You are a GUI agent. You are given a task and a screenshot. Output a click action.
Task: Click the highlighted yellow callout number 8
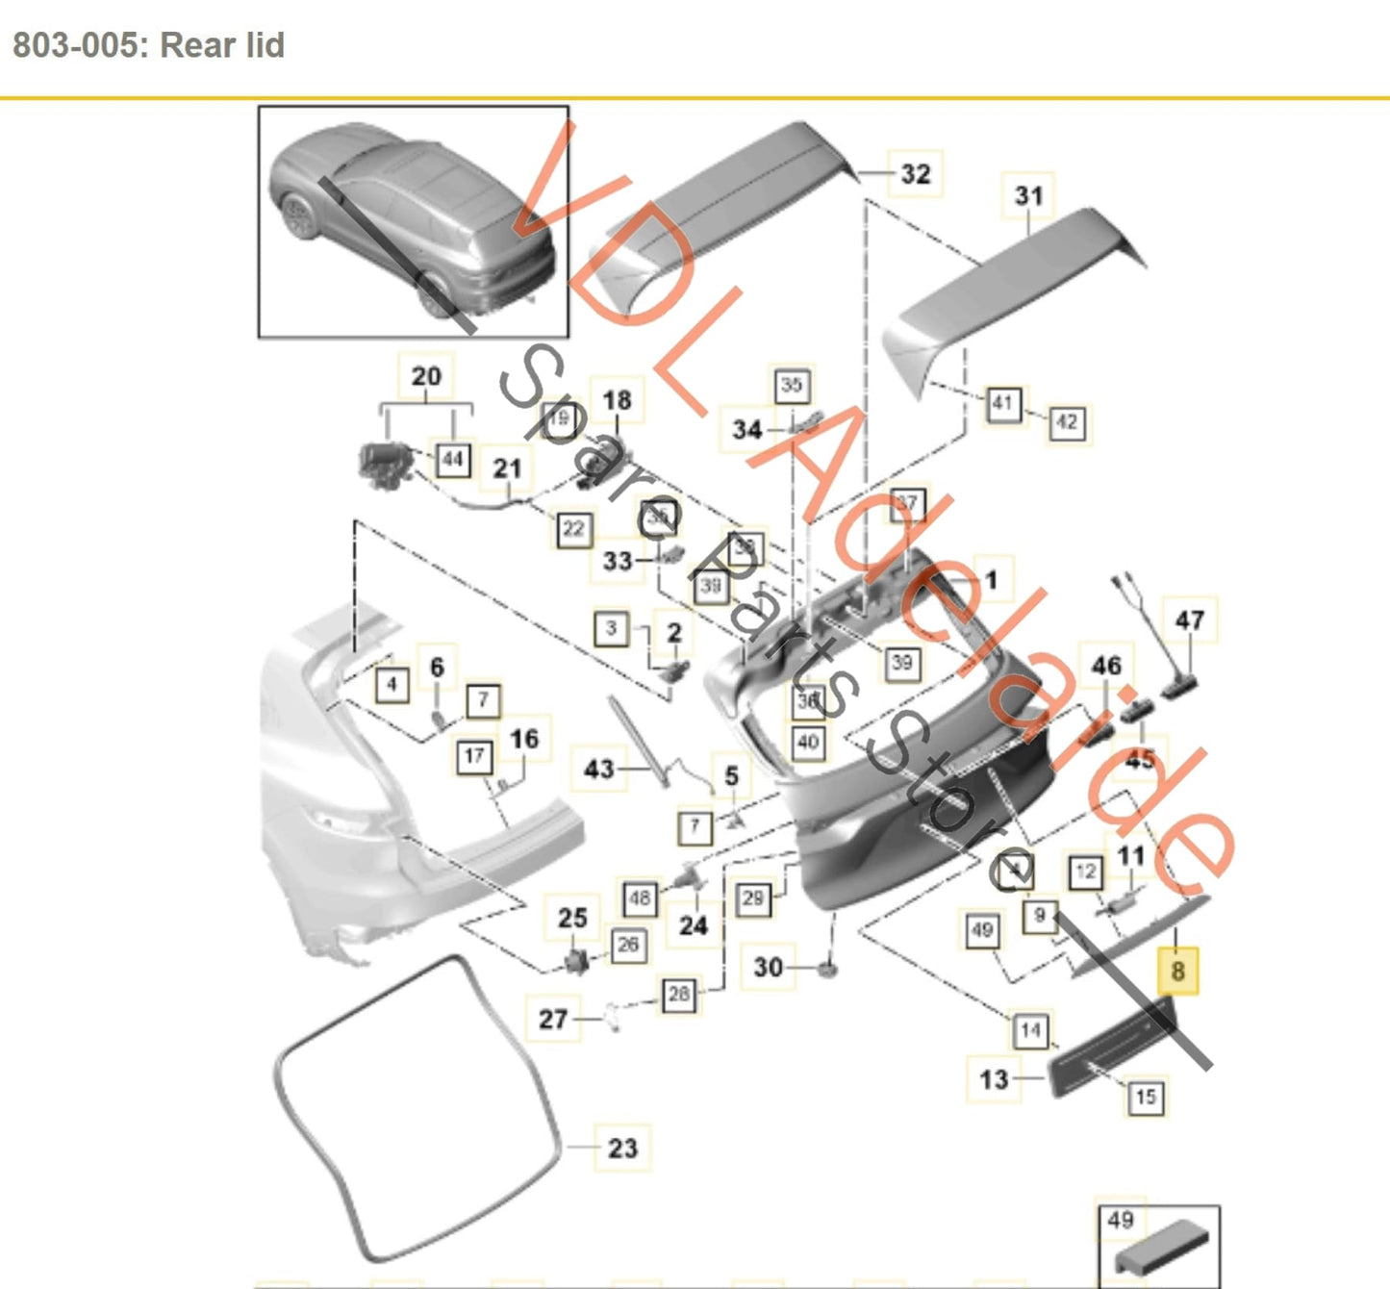click(1177, 971)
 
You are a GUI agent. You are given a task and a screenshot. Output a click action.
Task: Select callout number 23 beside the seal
click(622, 1148)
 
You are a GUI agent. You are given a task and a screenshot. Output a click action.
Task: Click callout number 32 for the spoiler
click(915, 174)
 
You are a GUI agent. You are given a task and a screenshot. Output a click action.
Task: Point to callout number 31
click(1028, 195)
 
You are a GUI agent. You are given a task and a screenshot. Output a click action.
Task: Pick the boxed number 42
click(1066, 421)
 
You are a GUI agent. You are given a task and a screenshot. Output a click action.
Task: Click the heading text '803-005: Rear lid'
click(148, 45)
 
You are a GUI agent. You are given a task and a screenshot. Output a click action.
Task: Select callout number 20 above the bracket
click(426, 376)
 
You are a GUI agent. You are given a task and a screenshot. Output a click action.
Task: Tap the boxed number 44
click(452, 460)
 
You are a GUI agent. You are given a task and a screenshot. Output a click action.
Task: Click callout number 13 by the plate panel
click(994, 1079)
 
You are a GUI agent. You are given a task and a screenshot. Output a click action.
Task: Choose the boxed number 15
click(1145, 1097)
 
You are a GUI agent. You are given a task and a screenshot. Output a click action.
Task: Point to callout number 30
click(768, 967)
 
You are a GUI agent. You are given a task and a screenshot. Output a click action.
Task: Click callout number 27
click(553, 1019)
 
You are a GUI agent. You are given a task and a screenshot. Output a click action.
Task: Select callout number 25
click(572, 918)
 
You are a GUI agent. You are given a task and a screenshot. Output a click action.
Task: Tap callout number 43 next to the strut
click(598, 769)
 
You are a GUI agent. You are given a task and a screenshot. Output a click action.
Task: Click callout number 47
click(1190, 620)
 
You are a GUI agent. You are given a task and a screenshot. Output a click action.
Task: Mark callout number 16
click(524, 739)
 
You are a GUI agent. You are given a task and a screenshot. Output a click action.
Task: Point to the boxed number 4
click(392, 685)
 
